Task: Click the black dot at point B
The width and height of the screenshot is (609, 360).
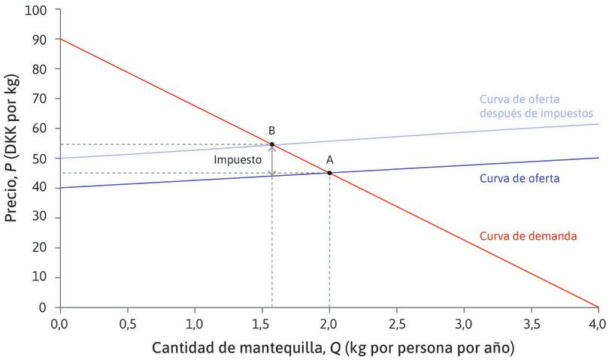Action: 272,144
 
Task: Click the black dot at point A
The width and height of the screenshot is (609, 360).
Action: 329,173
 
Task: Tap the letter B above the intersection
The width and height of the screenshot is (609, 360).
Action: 272,131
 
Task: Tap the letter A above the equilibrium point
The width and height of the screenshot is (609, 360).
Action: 329,159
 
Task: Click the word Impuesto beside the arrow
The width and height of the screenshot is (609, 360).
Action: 238,160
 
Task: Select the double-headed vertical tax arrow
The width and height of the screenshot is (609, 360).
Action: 272,160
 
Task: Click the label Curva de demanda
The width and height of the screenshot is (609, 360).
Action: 528,236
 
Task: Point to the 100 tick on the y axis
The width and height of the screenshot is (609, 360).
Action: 35,11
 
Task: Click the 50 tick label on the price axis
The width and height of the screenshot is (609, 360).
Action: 38,159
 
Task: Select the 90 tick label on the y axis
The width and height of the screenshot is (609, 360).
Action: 38,40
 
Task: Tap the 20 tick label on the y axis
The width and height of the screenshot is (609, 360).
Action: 38,248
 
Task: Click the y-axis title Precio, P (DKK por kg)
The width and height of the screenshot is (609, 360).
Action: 12,158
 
